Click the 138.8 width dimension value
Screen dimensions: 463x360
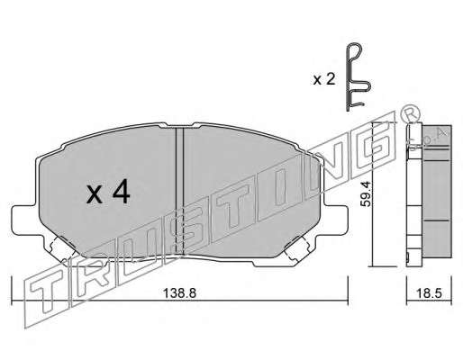pos(179,292)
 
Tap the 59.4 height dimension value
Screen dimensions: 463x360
pos(366,194)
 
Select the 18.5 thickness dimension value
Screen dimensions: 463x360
pos(429,293)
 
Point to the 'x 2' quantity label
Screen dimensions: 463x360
pos(324,80)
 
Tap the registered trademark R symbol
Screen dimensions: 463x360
pos(410,114)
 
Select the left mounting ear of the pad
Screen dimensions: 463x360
pos(25,220)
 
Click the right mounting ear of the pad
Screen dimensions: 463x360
pos(336,219)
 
